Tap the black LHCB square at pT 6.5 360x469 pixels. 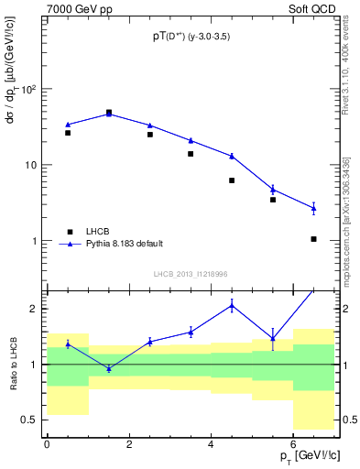click(314, 239)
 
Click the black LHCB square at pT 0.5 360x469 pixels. click(68, 133)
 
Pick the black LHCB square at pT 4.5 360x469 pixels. click(232, 180)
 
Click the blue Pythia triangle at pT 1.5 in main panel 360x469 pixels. click(109, 114)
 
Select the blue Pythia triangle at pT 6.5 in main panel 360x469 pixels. click(314, 208)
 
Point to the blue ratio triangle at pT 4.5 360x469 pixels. click(232, 305)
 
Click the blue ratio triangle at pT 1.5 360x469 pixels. click(109, 368)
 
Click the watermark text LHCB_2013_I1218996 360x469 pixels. click(191, 274)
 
